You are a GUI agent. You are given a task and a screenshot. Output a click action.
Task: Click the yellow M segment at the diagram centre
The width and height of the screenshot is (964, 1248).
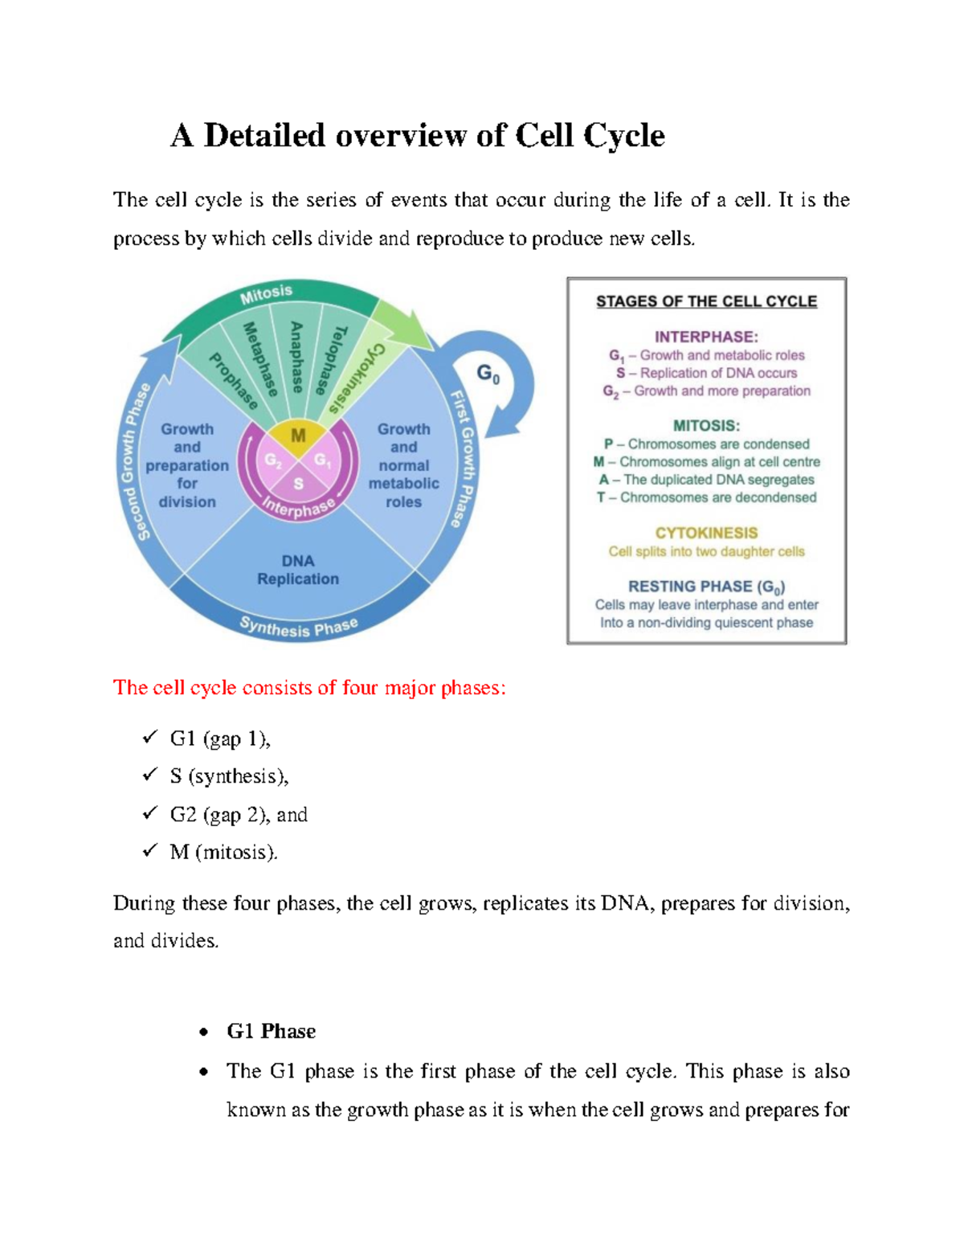(298, 436)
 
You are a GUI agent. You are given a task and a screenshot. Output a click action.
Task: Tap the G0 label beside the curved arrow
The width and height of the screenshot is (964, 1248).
(488, 374)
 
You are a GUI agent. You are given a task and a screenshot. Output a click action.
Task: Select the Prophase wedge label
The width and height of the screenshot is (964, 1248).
(233, 381)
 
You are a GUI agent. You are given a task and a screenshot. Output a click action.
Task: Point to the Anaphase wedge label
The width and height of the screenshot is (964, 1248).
(296, 357)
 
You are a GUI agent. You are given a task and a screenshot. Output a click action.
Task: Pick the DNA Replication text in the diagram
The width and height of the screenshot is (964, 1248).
(298, 570)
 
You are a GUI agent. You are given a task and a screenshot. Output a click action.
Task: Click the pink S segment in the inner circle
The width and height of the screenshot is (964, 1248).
(298, 484)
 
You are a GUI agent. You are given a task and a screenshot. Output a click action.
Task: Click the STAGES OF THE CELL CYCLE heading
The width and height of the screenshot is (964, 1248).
(706, 301)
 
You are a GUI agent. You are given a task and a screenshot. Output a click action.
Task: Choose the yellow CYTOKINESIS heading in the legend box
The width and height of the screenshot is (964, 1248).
(706, 533)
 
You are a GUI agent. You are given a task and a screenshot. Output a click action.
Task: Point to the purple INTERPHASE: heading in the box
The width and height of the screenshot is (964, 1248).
(706, 337)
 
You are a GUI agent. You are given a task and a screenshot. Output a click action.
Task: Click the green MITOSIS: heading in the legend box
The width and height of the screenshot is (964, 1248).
(706, 426)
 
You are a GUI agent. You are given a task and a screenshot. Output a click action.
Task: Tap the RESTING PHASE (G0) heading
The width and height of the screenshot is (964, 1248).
(706, 587)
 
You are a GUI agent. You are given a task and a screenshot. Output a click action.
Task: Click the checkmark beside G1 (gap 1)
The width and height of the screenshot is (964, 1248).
(150, 737)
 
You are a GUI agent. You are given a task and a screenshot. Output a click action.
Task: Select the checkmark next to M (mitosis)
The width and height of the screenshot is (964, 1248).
(150, 851)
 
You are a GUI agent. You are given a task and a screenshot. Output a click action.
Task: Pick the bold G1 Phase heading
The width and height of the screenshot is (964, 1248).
(271, 1031)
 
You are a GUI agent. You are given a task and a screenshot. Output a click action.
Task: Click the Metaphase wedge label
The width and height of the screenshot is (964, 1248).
(261, 359)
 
